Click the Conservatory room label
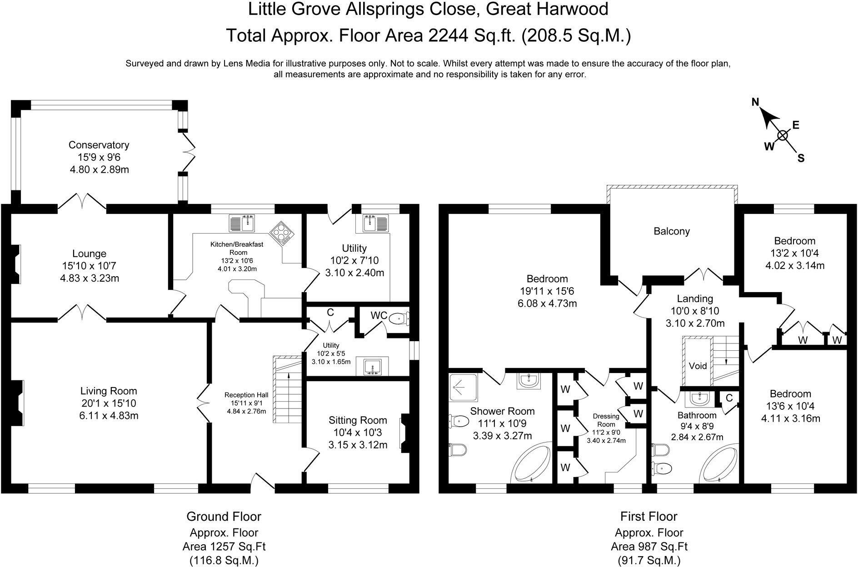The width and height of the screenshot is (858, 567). (99, 145)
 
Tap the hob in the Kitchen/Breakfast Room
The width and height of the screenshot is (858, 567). (282, 234)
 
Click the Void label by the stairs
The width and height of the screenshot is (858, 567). (698, 365)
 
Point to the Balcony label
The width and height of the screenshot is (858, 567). (671, 231)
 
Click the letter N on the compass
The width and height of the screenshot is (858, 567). (755, 102)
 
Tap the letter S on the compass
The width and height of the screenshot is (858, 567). (801, 159)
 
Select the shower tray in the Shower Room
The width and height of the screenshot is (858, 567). (463, 387)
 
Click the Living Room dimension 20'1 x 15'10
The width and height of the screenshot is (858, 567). (108, 403)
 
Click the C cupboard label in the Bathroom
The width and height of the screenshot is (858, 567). (729, 398)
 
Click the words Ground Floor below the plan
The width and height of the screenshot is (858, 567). (224, 517)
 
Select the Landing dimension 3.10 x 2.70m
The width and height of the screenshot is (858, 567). (695, 323)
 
